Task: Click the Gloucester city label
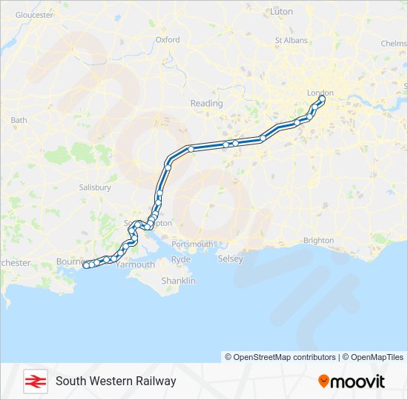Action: [34, 15]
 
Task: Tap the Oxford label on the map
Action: [168, 40]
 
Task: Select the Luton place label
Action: [282, 12]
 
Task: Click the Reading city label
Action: [206, 104]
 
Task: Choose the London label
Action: [320, 93]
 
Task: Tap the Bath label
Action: [19, 120]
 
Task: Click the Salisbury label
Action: [95, 187]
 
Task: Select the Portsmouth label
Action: [192, 244]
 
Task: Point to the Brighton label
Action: [318, 241]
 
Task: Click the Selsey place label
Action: [230, 259]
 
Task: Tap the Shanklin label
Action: [179, 281]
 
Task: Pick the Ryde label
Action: [181, 259]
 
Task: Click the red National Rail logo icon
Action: [35, 381]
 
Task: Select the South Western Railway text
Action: [116, 381]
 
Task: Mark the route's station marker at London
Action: [322, 99]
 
